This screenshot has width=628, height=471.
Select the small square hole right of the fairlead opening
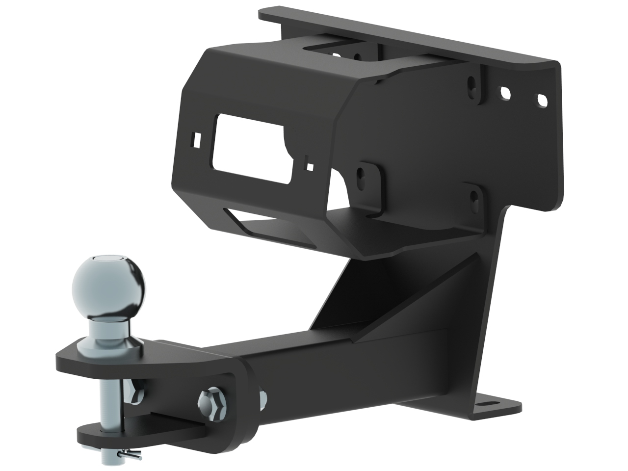309,166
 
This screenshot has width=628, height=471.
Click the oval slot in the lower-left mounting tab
362,174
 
